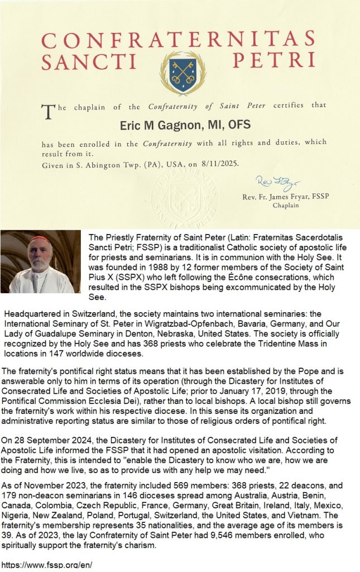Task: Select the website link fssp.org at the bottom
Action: click(x=47, y=565)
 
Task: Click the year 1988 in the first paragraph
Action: click(x=148, y=266)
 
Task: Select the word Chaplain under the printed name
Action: click(x=286, y=206)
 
